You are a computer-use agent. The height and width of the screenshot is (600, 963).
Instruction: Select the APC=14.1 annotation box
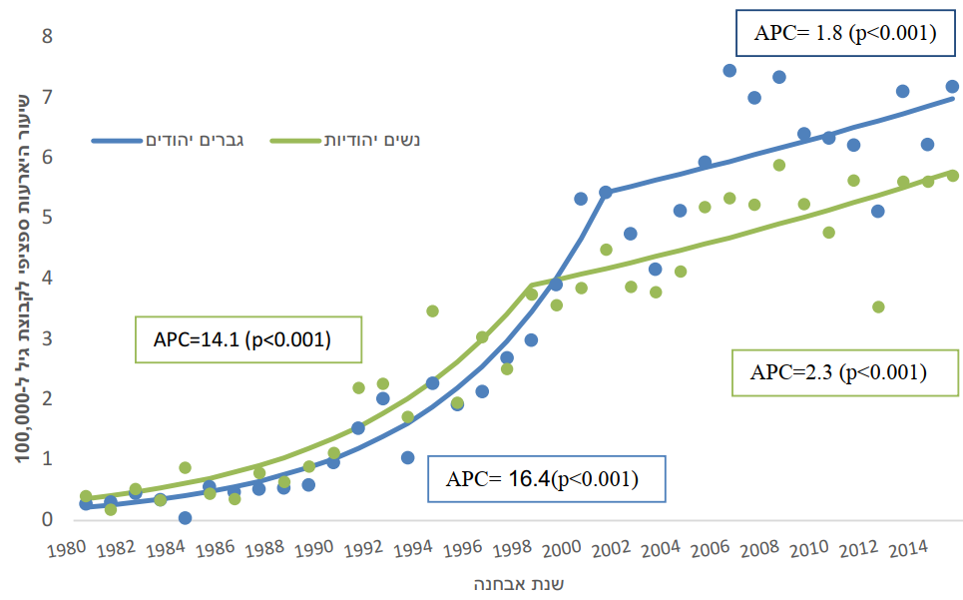tap(241, 339)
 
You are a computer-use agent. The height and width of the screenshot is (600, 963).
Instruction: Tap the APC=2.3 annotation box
tap(838, 373)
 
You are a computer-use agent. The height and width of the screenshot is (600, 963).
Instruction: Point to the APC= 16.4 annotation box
tap(545, 478)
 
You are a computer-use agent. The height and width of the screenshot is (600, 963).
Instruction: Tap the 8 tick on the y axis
tap(46, 37)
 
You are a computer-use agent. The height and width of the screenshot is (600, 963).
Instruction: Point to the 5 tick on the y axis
tap(46, 218)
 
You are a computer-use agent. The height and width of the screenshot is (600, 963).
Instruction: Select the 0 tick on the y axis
tap(46, 519)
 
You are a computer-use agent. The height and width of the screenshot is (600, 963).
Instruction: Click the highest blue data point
tap(729, 71)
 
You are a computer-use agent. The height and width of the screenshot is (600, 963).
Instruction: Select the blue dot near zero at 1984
tap(185, 517)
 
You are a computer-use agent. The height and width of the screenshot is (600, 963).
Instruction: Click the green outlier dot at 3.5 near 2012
tap(878, 306)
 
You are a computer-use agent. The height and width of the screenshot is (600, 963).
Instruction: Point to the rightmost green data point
tap(952, 176)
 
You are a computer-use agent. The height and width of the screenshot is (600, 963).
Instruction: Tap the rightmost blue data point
tap(952, 86)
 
